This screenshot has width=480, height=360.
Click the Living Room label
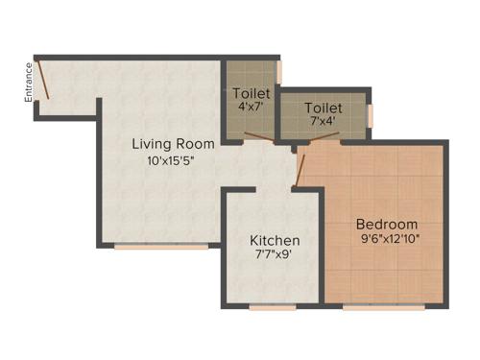tap(173, 145)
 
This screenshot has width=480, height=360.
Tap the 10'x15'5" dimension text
tap(173, 161)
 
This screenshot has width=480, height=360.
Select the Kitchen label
tap(275, 240)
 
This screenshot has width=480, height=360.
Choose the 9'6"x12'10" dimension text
tap(391, 238)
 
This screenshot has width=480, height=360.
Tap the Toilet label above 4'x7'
tap(251, 93)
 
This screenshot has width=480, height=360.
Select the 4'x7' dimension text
tap(251, 108)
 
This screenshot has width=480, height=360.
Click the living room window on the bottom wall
tap(160, 247)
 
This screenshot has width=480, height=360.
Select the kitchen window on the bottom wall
tap(272, 307)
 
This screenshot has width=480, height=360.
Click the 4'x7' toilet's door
tap(254, 136)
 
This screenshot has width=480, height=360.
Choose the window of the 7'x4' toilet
tap(370, 114)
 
